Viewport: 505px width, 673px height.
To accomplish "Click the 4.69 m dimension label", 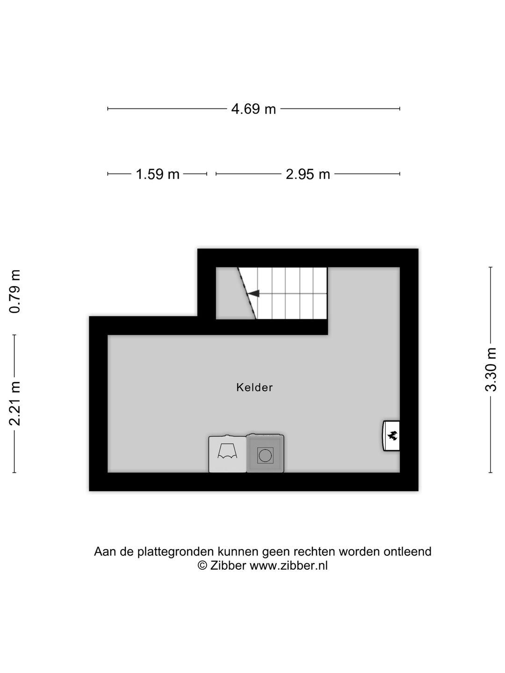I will point(253,109).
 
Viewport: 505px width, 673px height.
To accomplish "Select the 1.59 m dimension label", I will point(158,174).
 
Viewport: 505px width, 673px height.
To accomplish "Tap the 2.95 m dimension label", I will point(308,174).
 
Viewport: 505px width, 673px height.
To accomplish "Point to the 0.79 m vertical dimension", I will point(16,291).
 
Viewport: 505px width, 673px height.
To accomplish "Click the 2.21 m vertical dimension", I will point(16,403).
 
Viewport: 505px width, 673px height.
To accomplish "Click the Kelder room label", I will point(254,387).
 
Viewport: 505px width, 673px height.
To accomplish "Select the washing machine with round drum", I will point(265,453).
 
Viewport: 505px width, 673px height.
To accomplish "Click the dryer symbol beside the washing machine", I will point(227,453).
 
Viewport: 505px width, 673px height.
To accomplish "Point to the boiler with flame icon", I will point(391,436).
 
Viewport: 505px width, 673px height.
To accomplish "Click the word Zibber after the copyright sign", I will point(228,566).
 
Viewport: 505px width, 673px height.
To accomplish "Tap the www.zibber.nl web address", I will point(289,566).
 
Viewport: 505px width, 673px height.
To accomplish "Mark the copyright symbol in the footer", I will point(202,566).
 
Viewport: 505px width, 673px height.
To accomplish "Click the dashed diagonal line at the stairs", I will point(247,294).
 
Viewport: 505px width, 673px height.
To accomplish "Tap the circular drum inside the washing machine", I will point(265,455).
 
